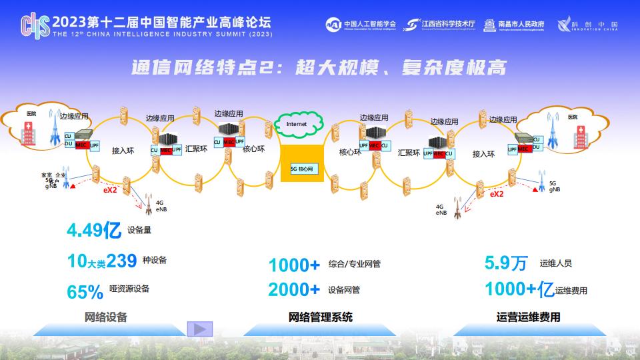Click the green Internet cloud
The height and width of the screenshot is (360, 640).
[297, 124]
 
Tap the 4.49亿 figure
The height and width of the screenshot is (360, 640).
[93, 231]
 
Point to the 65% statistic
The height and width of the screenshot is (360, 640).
[85, 291]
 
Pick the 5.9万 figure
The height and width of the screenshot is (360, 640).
[506, 263]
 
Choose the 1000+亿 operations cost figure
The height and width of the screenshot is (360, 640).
[519, 289]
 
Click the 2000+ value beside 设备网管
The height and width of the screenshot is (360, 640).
[294, 289]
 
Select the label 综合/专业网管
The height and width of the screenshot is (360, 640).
[355, 265]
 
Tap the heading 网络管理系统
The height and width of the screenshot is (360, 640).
[321, 317]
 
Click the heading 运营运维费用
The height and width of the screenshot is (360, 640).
[529, 317]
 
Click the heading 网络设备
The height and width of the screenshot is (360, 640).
[106, 317]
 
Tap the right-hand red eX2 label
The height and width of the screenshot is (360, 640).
[497, 194]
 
